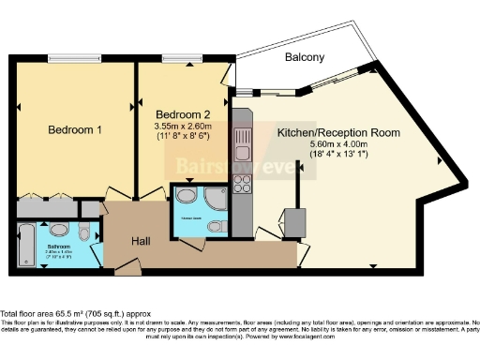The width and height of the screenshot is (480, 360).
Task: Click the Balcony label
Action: pos(305,57)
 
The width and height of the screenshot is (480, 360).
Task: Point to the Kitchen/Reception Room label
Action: pos(338,133)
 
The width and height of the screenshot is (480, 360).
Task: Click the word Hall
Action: pos(141,241)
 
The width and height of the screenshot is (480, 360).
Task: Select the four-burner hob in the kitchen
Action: pos(242,183)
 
